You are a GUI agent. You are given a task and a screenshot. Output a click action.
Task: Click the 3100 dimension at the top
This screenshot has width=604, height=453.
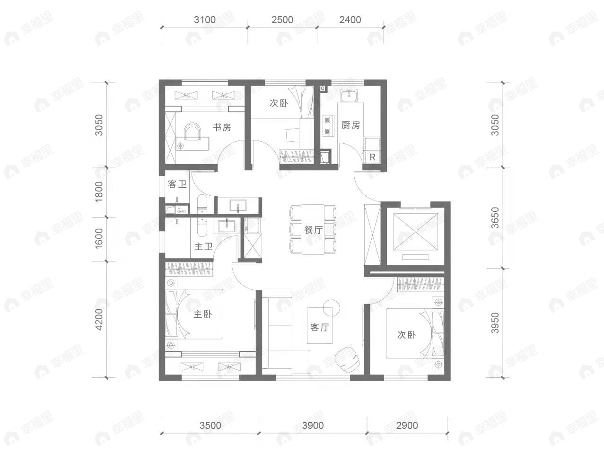coord(205,20)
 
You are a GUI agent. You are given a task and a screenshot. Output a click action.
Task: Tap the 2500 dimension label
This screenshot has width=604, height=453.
coord(282,20)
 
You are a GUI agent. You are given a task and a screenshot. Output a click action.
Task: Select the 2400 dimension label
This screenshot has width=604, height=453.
coord(350,20)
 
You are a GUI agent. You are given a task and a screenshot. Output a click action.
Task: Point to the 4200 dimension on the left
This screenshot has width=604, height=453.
coord(98,319)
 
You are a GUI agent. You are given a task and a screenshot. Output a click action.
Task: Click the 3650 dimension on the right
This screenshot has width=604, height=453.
coord(495,218)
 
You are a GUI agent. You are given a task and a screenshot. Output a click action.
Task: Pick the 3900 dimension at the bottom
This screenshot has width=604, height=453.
coord(313,426)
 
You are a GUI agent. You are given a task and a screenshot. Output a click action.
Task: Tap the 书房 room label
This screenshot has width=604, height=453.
coord(222,127)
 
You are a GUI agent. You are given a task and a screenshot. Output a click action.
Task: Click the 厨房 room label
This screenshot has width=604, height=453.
coord(350,125)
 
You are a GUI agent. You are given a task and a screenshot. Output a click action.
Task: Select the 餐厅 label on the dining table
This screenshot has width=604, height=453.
coord(314,230)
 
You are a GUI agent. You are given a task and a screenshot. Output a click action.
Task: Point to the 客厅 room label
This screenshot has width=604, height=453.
coord(320,327)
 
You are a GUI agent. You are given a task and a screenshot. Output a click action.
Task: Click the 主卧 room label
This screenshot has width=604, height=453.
coord(203,314)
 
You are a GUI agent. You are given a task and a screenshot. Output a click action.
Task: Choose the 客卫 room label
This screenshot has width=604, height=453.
coord(177,184)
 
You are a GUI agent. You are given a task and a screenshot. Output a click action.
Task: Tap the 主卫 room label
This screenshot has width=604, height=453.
coord(204,246)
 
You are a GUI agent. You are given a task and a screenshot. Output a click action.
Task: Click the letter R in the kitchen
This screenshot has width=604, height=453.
coord(372,157)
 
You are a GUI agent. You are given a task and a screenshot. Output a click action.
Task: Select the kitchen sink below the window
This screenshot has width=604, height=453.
coord(349,96)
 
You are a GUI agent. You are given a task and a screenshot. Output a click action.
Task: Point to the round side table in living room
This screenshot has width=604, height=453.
coord(331,308)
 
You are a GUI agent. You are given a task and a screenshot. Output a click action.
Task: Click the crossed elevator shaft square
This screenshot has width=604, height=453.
coord(415,232)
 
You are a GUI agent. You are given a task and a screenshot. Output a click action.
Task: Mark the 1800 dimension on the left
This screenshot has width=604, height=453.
coord(98,192)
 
